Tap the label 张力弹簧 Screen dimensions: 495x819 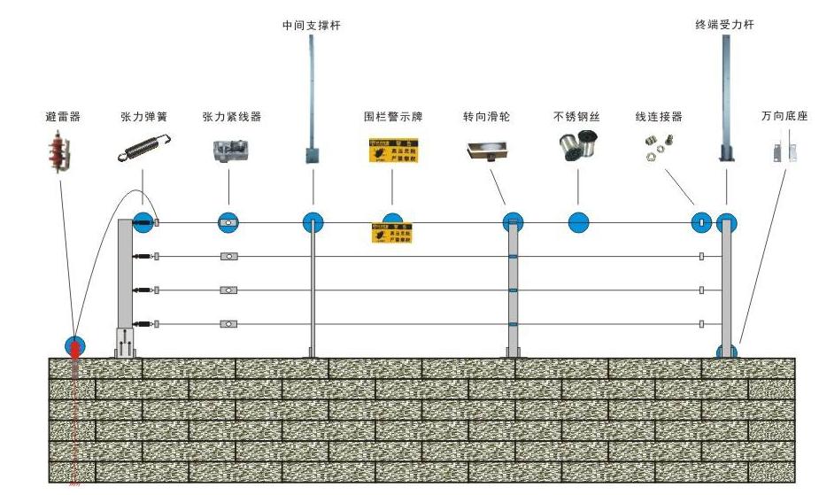pyautogui.click(x=144, y=116)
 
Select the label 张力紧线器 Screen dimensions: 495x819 pyautogui.click(x=232, y=116)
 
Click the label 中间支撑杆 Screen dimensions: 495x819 pyautogui.click(x=311, y=26)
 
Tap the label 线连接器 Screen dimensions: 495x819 pyautogui.click(x=659, y=116)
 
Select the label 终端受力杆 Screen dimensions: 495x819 pyautogui.click(x=725, y=26)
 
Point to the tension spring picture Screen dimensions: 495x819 pyautogui.click(x=144, y=147)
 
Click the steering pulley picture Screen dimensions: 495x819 pyautogui.click(x=488, y=151)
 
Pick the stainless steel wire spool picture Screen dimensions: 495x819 pyautogui.click(x=578, y=146)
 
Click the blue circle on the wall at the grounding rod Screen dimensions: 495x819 pyautogui.click(x=73, y=346)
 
